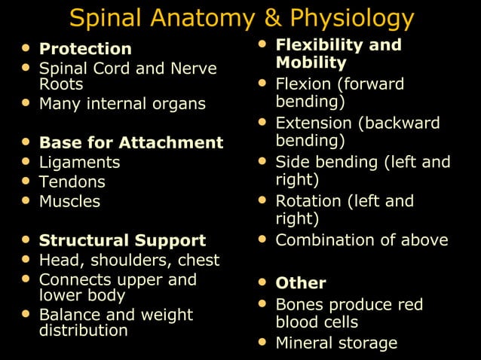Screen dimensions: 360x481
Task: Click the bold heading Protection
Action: [85, 49]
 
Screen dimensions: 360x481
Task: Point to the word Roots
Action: [61, 84]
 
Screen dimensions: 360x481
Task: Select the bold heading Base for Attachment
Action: [131, 142]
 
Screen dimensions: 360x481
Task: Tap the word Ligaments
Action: [79, 163]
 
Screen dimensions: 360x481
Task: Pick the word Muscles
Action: [69, 201]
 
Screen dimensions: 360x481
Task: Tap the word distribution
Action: [83, 330]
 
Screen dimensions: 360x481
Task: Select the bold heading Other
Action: [301, 283]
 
